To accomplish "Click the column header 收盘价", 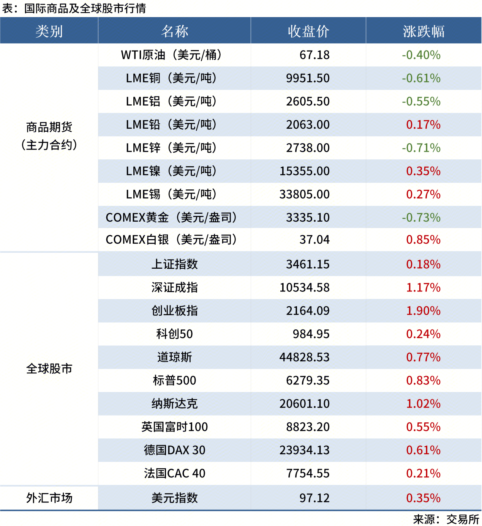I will [308, 31].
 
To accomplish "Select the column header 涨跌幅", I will [424, 31].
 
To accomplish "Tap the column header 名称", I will [174, 31].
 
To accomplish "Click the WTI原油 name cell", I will [171, 55].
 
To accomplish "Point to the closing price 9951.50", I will [308, 78].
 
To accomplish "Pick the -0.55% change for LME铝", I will [421, 101].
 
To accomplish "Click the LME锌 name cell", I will [171, 148].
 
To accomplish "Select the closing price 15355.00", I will [305, 171].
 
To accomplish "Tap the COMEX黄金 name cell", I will [171, 217].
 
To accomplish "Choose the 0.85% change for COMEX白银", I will [423, 240].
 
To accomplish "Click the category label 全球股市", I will [49, 369].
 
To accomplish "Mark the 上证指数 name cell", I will [174, 264].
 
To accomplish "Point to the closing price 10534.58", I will [305, 288].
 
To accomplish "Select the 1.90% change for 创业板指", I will [423, 311].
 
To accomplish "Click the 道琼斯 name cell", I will [174, 357].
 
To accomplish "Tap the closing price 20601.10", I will [305, 404].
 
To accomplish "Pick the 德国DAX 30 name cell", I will [174, 450].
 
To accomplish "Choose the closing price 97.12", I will [314, 498].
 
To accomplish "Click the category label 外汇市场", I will [49, 498].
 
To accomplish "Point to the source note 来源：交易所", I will [446, 519].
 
